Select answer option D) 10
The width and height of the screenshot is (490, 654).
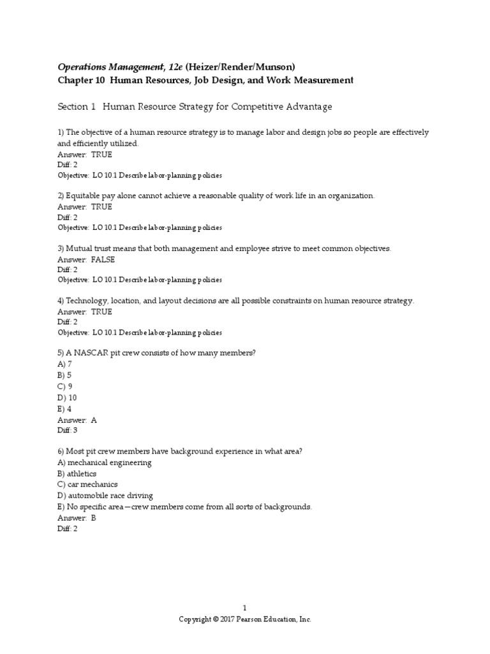click(x=68, y=397)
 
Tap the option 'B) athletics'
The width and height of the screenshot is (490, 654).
click(x=77, y=473)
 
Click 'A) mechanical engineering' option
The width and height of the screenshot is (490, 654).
click(x=105, y=462)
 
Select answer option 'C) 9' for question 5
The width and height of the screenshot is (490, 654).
click(x=65, y=386)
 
